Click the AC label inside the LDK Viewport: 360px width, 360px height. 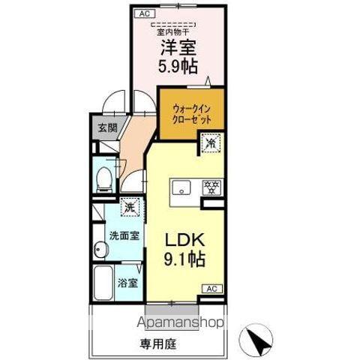212,288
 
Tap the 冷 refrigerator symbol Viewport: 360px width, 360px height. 211,142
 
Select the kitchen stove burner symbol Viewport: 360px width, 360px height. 212,187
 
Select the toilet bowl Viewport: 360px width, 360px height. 105,178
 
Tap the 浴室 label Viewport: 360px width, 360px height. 127,283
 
